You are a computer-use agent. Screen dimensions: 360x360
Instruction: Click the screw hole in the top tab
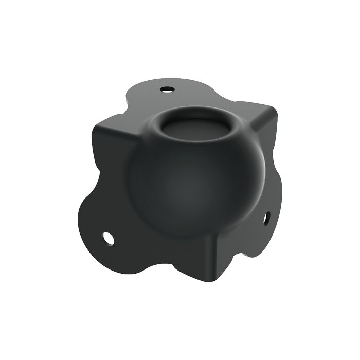[x=166, y=89]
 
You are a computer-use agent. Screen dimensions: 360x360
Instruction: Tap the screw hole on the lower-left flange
[x=108, y=238]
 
